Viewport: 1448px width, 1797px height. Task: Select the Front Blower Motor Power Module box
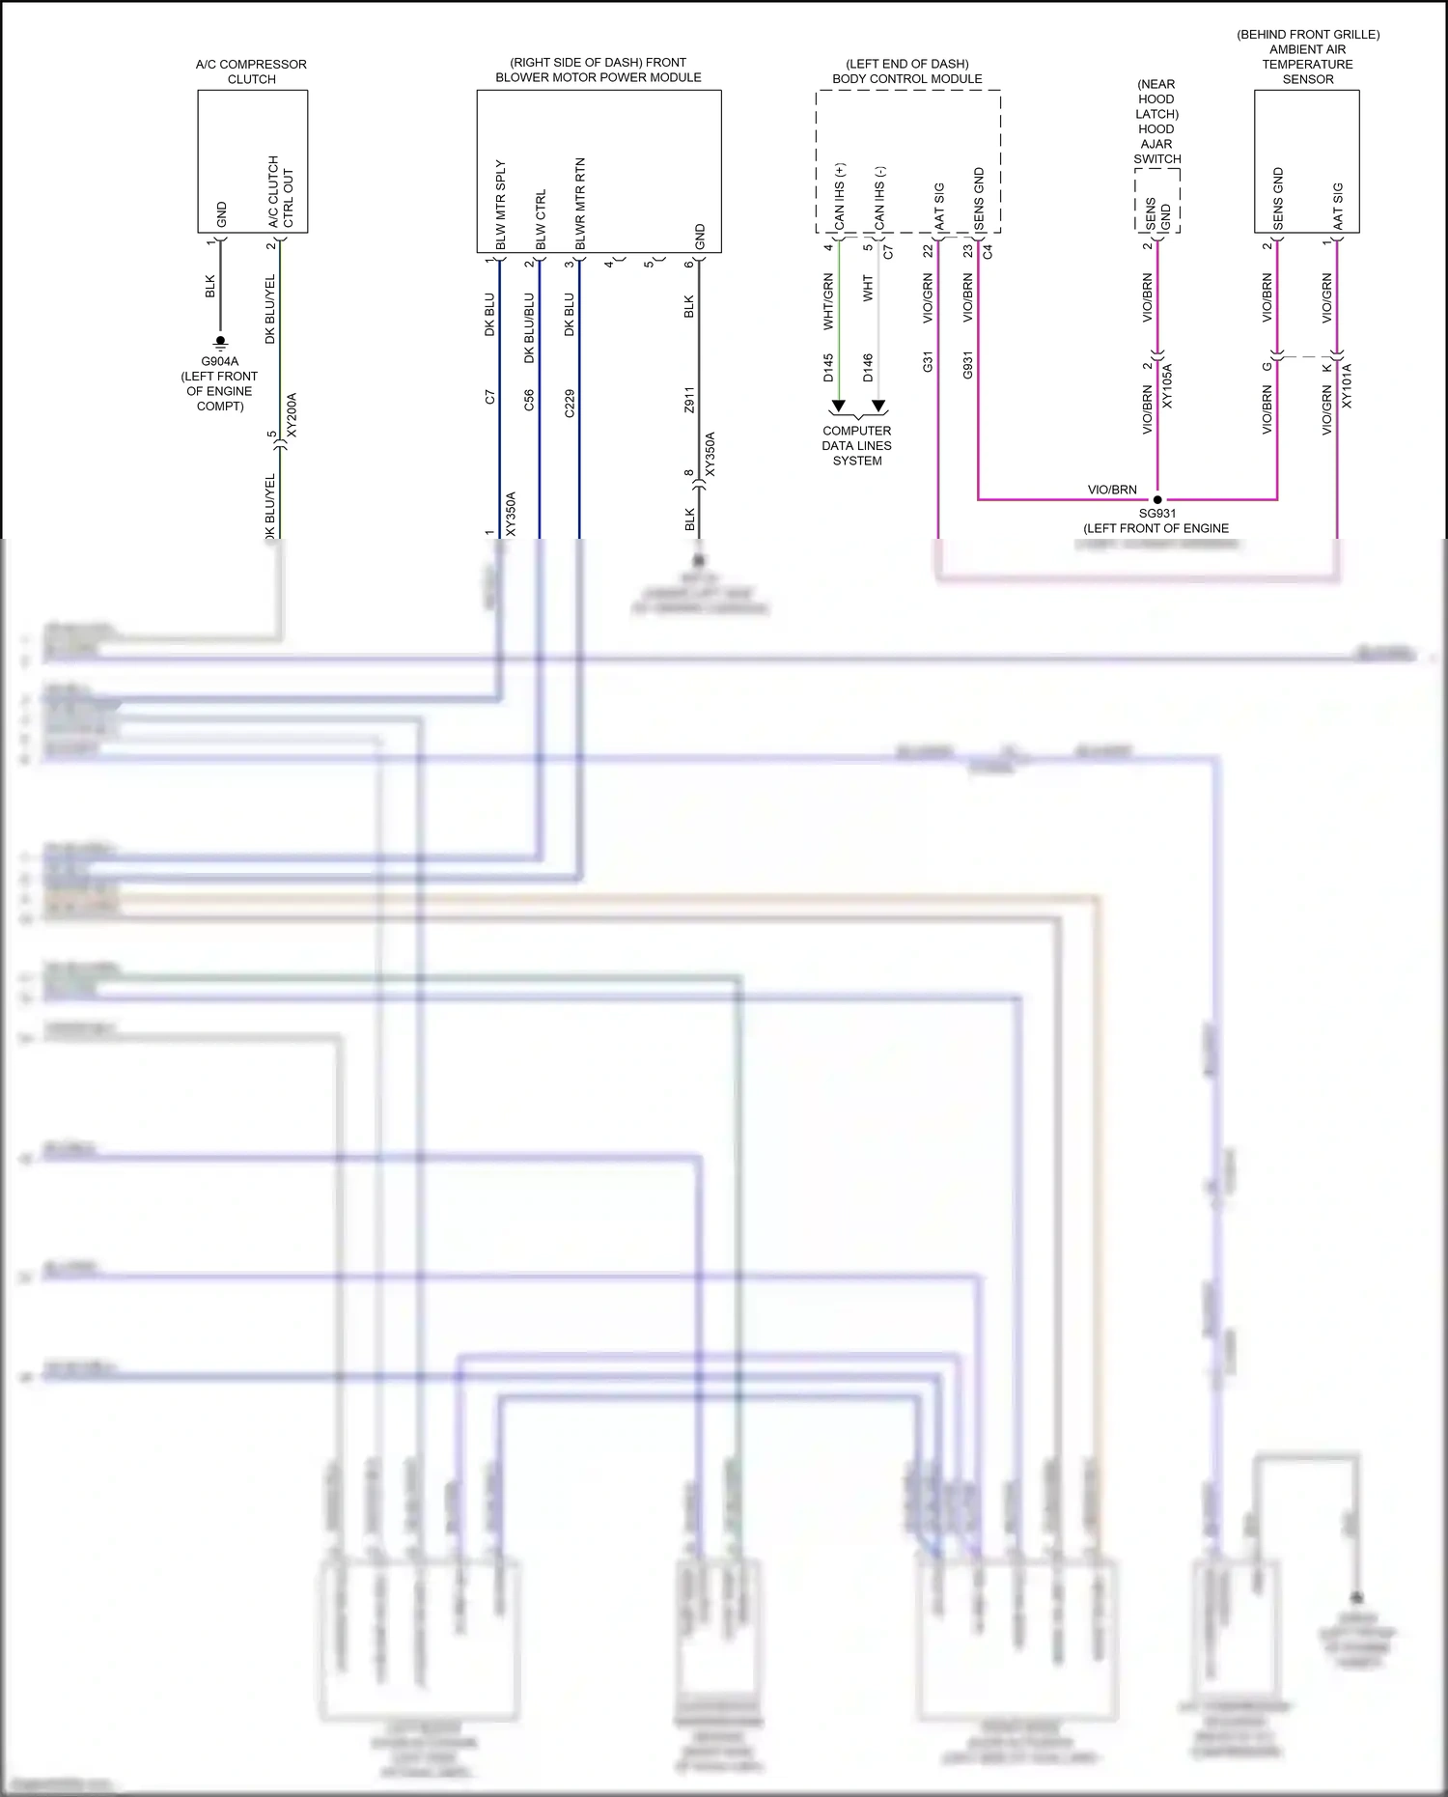pyautogui.click(x=599, y=171)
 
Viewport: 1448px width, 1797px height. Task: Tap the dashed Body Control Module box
pyautogui.click(x=907, y=160)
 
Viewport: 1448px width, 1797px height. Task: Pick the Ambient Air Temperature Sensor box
pyautogui.click(x=1306, y=160)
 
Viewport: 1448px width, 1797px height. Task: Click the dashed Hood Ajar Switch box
pyautogui.click(x=1156, y=201)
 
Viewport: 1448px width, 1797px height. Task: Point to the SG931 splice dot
pyautogui.click(x=1157, y=499)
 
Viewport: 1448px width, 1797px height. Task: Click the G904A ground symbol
pyautogui.click(x=220, y=342)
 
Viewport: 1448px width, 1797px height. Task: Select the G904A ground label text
pyautogui.click(x=220, y=383)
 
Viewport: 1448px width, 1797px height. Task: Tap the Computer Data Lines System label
pyautogui.click(x=857, y=446)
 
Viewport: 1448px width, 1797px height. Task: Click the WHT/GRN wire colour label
pyautogui.click(x=828, y=302)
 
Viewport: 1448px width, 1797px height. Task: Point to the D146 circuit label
pyautogui.click(x=868, y=368)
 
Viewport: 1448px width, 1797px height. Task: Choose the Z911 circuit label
pyautogui.click(x=689, y=400)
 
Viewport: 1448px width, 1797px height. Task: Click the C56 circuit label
pyautogui.click(x=529, y=401)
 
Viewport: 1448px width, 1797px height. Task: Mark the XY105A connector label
pyautogui.click(x=1167, y=386)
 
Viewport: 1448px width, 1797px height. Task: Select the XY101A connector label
pyautogui.click(x=1347, y=386)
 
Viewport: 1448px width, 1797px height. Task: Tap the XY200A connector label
pyautogui.click(x=292, y=415)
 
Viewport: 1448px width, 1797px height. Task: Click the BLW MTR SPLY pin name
pyautogui.click(x=501, y=205)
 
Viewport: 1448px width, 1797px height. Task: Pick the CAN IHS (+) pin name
pyautogui.click(x=840, y=197)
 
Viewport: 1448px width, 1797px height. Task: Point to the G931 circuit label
pyautogui.click(x=967, y=365)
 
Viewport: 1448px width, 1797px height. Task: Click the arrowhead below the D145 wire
pyautogui.click(x=839, y=406)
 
